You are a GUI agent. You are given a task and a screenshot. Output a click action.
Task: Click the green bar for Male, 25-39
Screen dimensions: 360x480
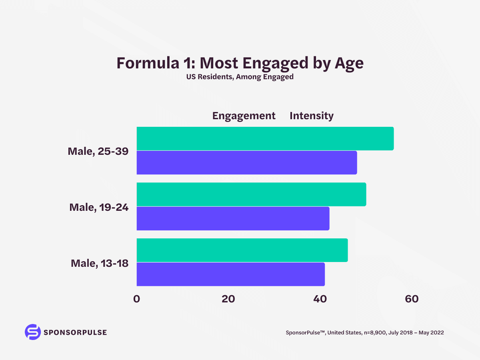click(265, 138)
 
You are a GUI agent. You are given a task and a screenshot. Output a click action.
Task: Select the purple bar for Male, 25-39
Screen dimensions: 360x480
click(246, 163)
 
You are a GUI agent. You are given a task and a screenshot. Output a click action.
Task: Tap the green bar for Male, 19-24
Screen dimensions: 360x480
click(251, 194)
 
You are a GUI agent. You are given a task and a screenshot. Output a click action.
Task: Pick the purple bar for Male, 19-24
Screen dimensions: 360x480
click(233, 218)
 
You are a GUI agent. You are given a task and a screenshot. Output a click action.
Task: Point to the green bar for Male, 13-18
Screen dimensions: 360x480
click(242, 250)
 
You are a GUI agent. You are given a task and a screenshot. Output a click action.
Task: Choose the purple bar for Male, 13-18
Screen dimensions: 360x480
click(230, 274)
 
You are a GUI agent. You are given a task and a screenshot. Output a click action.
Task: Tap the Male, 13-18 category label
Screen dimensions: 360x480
click(100, 263)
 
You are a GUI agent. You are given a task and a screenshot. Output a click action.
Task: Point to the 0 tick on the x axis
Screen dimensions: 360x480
click(137, 299)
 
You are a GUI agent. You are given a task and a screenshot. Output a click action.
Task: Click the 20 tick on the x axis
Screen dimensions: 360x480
click(228, 299)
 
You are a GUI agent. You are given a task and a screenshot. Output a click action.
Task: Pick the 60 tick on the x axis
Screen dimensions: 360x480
click(412, 299)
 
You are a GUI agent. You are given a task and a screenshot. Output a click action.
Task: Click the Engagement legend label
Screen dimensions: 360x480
click(244, 116)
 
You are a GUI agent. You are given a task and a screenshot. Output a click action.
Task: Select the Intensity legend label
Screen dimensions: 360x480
click(311, 116)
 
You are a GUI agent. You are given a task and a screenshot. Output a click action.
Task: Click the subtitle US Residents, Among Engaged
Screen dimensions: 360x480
click(240, 77)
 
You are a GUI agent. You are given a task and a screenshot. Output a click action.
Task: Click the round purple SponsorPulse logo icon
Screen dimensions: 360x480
click(33, 332)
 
